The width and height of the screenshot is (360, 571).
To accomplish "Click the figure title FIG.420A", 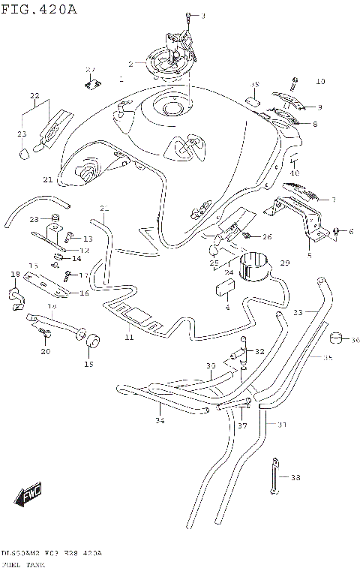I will coord(39,9).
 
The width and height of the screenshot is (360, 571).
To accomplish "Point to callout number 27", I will coord(91,70).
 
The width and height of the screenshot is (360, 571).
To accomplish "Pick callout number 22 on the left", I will coord(34,96).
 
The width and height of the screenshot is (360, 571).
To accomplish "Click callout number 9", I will coord(319,107).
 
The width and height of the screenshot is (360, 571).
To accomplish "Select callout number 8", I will coord(315,124).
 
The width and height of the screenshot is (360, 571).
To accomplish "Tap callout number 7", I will coord(334,200).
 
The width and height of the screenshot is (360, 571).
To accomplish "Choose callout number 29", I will coord(284,263).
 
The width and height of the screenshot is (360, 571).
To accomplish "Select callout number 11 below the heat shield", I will coord(128,338).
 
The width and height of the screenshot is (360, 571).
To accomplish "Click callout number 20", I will coord(46,351).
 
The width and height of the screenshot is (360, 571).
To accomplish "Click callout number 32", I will coord(259,351).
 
